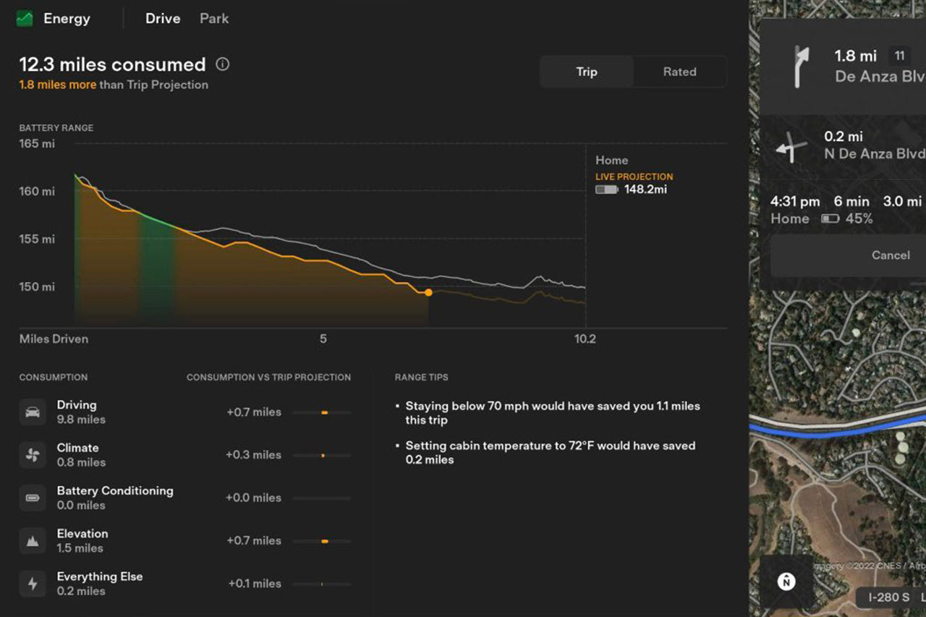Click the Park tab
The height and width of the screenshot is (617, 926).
tap(214, 19)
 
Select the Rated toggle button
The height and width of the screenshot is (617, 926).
tap(679, 72)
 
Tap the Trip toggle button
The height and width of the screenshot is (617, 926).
tap(587, 72)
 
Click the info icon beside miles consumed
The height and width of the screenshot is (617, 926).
tap(223, 64)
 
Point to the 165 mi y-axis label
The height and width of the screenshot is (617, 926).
tap(37, 144)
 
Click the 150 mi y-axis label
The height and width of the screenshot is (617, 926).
tap(37, 286)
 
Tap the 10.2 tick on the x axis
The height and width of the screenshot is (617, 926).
tap(585, 339)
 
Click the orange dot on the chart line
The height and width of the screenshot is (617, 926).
tap(428, 292)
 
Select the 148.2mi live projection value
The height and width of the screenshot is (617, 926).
tap(645, 190)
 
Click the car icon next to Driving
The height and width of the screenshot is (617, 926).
tap(33, 412)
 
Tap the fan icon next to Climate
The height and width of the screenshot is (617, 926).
tap(33, 455)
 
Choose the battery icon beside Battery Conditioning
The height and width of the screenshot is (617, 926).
tap(33, 498)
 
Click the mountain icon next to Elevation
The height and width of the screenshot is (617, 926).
tap(33, 540)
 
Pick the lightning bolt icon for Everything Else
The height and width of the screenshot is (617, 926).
tap(33, 584)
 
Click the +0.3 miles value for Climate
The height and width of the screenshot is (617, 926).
tap(253, 455)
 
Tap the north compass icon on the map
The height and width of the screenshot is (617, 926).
tap(786, 581)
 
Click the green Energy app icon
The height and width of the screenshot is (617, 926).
tap(25, 19)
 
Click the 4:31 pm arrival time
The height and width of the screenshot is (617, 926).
tap(795, 201)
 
